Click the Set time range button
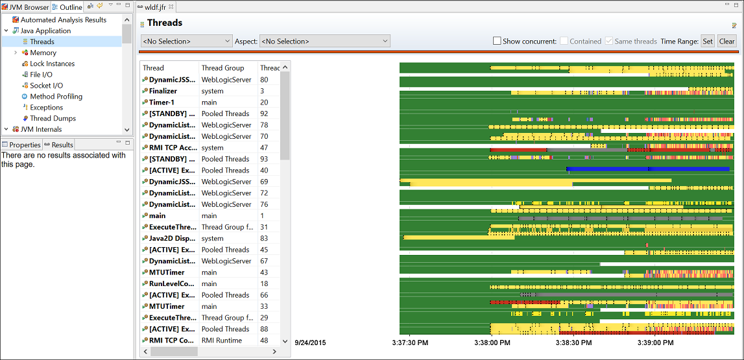click(707, 42)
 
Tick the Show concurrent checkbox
click(497, 42)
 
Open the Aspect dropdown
click(324, 42)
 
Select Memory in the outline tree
click(43, 53)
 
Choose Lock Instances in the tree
click(52, 64)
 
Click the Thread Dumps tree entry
click(53, 118)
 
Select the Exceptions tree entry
click(46, 107)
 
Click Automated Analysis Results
click(63, 20)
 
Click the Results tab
click(62, 145)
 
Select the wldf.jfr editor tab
click(156, 7)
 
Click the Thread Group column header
click(222, 67)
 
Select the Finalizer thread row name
click(163, 91)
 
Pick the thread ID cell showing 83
click(264, 238)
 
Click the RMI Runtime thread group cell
click(221, 340)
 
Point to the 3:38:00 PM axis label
click(492, 342)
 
